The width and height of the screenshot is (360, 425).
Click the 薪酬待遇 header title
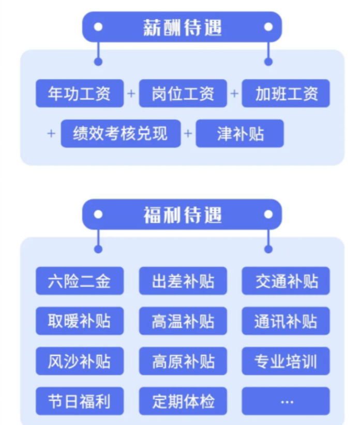pyautogui.click(x=182, y=27)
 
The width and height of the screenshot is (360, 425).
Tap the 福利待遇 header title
pyautogui.click(x=182, y=215)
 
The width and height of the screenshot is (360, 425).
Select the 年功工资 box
pyautogui.click(x=80, y=94)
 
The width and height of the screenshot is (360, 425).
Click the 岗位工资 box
pyautogui.click(x=183, y=94)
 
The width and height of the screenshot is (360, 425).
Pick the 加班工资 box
pyautogui.click(x=286, y=94)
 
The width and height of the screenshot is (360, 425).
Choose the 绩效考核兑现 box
pyautogui.click(x=121, y=133)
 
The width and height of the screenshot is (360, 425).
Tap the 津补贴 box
pyautogui.click(x=239, y=133)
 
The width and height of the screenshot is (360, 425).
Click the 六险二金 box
pyautogui.click(x=80, y=281)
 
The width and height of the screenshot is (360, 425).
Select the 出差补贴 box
pyautogui.click(x=183, y=281)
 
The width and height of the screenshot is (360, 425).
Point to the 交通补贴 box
pyautogui.click(x=286, y=281)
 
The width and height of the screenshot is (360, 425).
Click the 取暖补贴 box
pyautogui.click(x=80, y=321)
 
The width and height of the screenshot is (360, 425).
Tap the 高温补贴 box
pyautogui.click(x=183, y=321)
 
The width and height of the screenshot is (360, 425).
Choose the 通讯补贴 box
pyautogui.click(x=286, y=321)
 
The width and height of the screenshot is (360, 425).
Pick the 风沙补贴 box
pyautogui.click(x=80, y=361)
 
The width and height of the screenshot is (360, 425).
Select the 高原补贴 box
pyautogui.click(x=183, y=361)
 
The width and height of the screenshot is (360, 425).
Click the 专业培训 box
pyautogui.click(x=286, y=361)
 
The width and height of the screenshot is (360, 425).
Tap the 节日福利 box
pyautogui.click(x=80, y=401)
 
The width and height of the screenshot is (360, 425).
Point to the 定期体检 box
pyautogui.click(x=183, y=401)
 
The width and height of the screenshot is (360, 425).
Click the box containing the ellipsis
pyautogui.click(x=286, y=401)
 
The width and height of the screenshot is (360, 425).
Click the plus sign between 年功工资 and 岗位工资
pyautogui.click(x=131, y=94)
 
